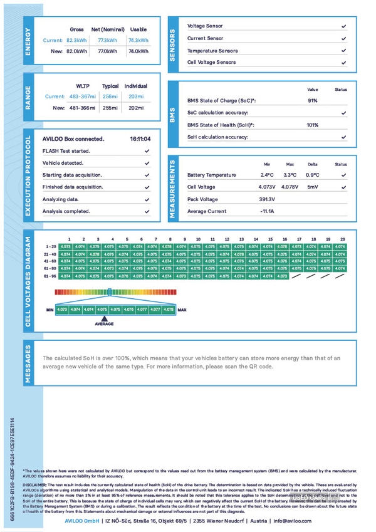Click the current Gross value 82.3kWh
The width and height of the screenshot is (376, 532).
coord(76,40)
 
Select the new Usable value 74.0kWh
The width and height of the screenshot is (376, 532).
coord(137,51)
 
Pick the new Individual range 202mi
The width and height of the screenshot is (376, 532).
coord(135,108)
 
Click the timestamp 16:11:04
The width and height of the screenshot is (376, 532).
coord(140,139)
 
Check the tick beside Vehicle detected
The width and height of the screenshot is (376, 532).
coord(147,163)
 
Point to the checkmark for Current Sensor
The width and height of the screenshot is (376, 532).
coord(343,39)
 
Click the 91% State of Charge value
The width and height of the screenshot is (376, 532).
coord(312,101)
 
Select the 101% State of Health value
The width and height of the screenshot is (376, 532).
coord(312,125)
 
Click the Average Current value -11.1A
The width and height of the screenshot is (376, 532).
coord(268,211)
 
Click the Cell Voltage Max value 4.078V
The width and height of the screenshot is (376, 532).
coord(290,187)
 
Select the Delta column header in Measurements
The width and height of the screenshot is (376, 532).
coord(312,164)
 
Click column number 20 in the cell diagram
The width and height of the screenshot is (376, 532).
coord(342,239)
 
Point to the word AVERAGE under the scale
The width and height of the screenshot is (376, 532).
coord(104,324)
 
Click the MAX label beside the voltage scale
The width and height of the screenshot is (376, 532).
coord(182,310)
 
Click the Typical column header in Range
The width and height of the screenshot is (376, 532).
coord(110,86)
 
